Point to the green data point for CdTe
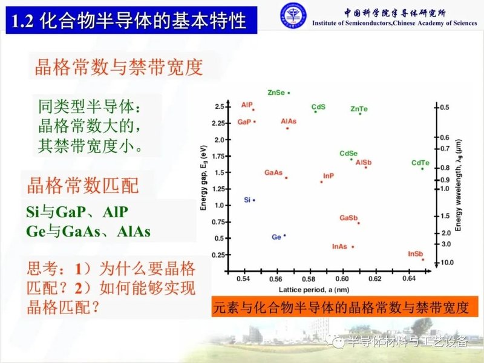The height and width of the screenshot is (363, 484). coord(422,168)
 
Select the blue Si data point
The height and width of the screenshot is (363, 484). coord(254,200)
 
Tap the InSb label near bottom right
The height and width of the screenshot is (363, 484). coord(415,253)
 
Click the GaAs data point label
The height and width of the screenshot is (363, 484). coord(273,172)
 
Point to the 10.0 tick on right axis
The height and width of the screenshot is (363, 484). coord(446,262)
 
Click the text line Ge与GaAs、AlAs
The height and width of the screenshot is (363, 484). coord(88,231)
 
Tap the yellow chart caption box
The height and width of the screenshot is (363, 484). coord(341,307)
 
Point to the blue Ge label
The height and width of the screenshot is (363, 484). coord(276,237)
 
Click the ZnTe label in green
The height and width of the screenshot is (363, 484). coord(359,109)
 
